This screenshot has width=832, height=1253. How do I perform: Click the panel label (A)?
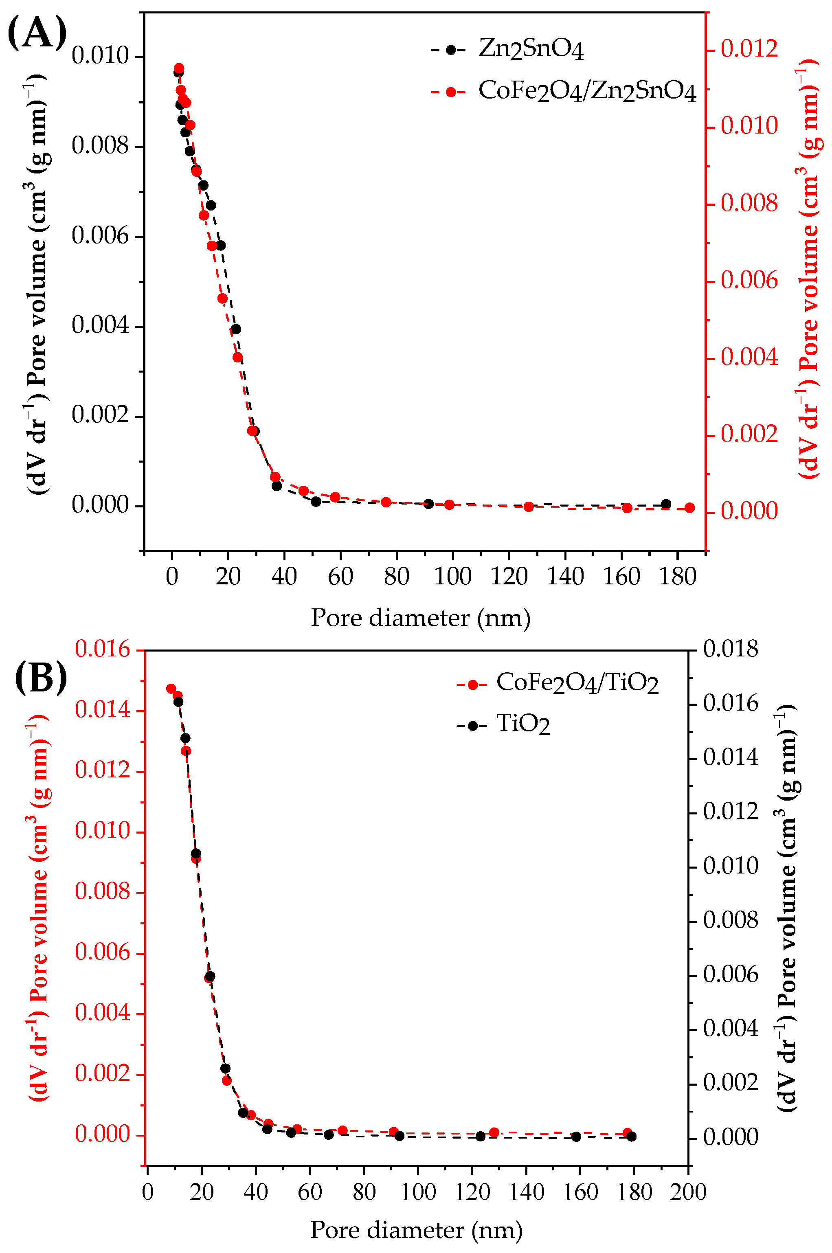[x=37, y=33]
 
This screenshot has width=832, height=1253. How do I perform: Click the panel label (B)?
[x=41, y=678]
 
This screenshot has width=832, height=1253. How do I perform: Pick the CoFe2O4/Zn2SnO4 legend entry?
[x=563, y=91]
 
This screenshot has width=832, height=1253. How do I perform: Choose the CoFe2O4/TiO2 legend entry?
[x=558, y=683]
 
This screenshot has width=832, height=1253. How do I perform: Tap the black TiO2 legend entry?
[x=503, y=724]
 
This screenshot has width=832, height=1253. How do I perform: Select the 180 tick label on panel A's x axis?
[x=678, y=577]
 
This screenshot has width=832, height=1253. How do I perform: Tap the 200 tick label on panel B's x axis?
[x=688, y=1192]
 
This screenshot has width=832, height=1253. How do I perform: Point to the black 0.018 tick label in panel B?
[x=731, y=649]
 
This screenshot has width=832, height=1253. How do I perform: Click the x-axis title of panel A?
[x=421, y=619]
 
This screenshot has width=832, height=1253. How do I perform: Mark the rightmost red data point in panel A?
[x=690, y=508]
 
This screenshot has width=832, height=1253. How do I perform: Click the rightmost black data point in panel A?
[x=666, y=504]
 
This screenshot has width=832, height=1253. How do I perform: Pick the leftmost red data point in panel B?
[x=171, y=689]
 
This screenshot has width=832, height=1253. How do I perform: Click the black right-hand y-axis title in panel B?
[x=786, y=908]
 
